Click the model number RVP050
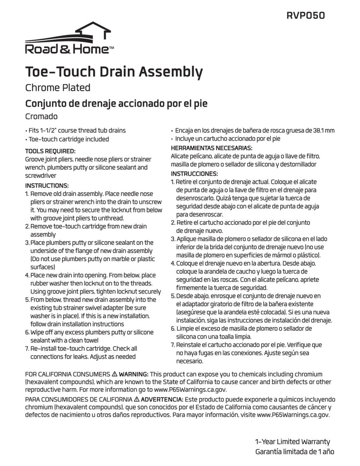pos(305,15)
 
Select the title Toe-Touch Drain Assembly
pos(113,71)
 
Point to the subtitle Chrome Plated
pos(57,87)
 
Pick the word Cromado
pos(41,116)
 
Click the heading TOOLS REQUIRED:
pos(50,151)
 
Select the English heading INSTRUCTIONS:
pos(46,186)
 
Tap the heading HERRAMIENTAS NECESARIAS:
pos(211,148)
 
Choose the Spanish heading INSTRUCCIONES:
pos(194,174)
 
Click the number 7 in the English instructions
pos(27,348)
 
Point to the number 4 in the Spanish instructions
pos(172,263)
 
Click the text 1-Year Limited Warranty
pos(293,441)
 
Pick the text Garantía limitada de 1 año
pos(295,452)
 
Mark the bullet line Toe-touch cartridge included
pos(68,139)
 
